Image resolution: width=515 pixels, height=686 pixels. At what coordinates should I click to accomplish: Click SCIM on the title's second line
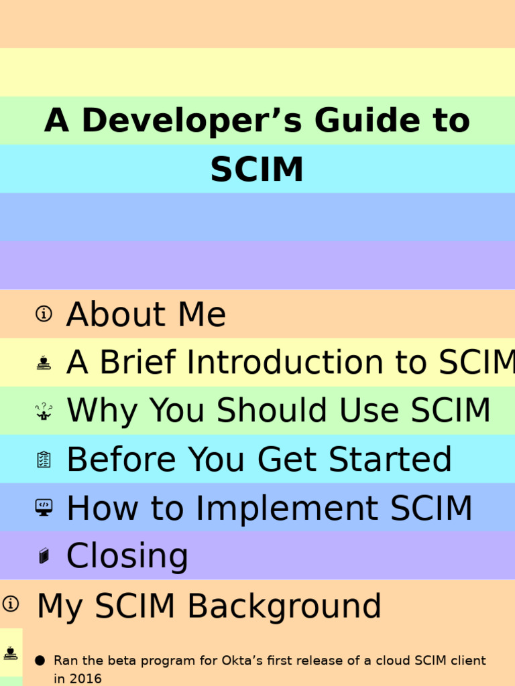pos(257,169)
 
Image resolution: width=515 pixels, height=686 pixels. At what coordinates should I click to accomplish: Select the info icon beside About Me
pos(44,314)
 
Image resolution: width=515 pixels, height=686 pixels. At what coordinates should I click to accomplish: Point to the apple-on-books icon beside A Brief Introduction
pos(44,362)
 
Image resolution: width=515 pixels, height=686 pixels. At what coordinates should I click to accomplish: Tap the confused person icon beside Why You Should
pos(44,411)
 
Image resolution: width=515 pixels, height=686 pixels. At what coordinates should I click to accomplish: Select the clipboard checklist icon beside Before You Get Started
pos(44,460)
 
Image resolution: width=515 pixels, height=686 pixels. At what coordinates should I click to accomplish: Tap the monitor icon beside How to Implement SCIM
pos(44,508)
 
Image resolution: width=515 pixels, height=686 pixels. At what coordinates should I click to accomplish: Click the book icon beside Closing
pos(44,556)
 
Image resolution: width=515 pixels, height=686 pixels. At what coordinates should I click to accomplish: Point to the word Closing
pos(127,557)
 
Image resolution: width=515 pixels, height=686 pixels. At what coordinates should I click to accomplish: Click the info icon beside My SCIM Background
pos(10,604)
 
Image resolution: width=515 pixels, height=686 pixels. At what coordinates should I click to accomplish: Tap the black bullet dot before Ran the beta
pos(40,661)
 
